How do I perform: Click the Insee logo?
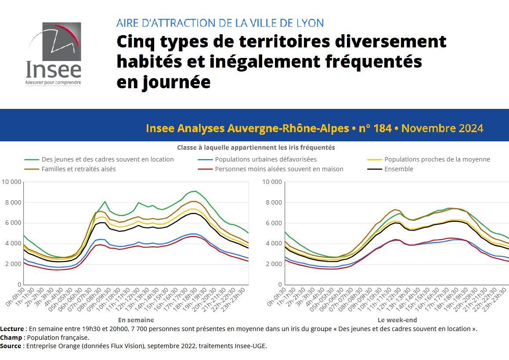(54, 54)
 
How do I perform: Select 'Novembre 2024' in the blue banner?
(442, 128)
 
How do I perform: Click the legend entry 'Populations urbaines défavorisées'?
(266, 159)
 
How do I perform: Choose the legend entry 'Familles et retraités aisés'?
(79, 169)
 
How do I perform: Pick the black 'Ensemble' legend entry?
(399, 169)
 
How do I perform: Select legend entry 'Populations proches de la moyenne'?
(437, 159)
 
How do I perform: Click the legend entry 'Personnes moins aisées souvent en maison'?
(279, 169)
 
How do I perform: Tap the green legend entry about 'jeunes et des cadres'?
(108, 159)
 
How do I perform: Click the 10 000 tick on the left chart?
(11, 182)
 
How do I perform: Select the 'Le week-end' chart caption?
(397, 320)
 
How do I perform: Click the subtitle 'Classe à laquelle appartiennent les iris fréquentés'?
(256, 148)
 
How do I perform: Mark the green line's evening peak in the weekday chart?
(195, 191)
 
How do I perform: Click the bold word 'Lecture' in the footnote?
(12, 329)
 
